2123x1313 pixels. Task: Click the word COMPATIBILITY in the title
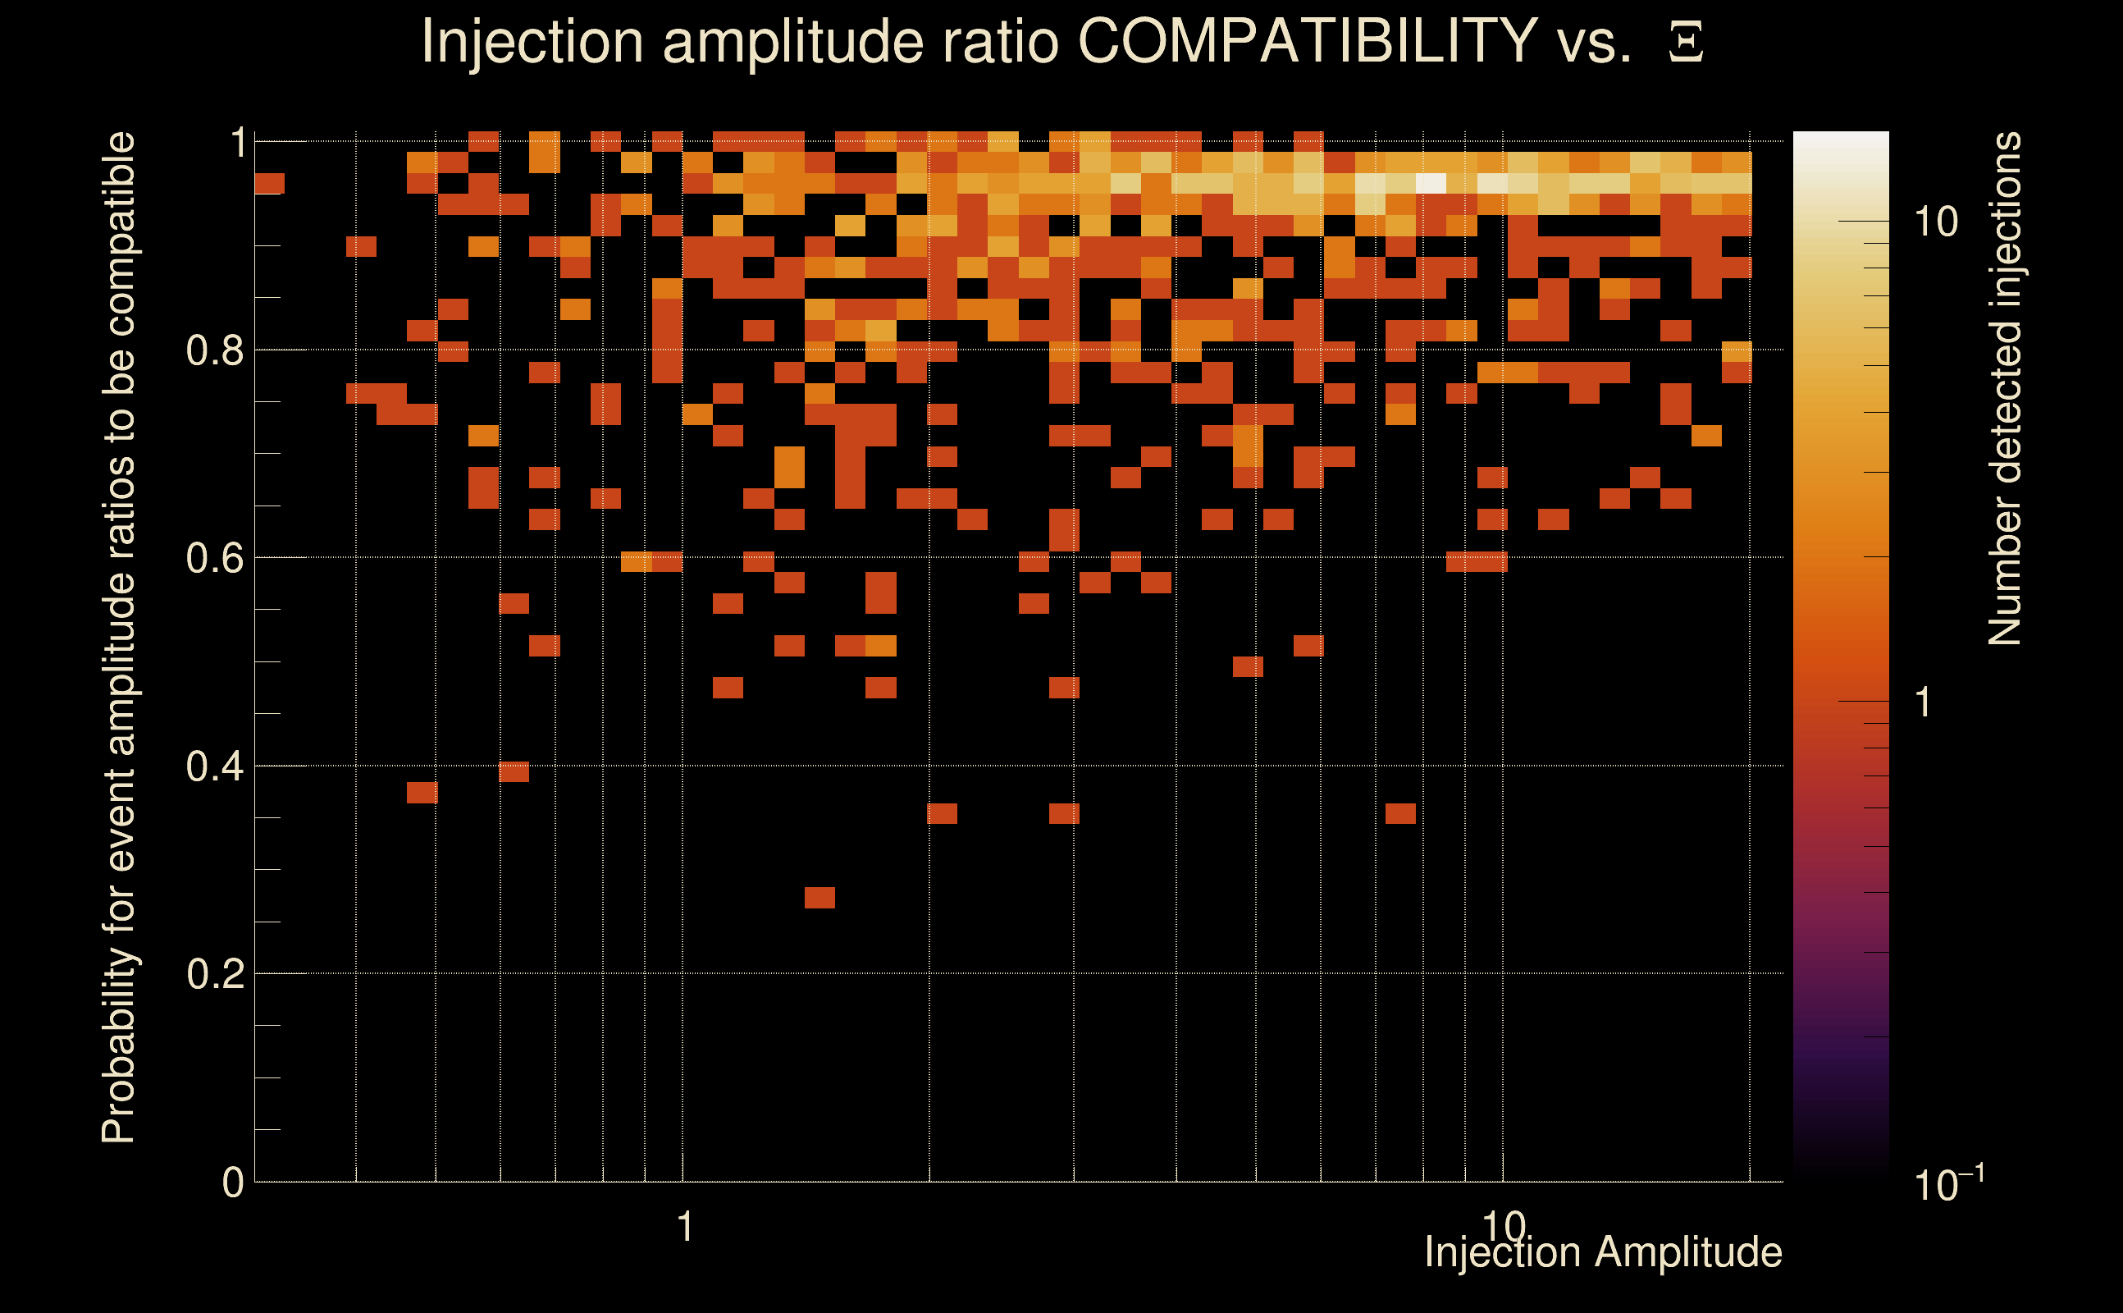(x=1307, y=42)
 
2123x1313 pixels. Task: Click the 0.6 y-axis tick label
(x=214, y=557)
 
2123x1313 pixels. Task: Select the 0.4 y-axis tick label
(x=214, y=766)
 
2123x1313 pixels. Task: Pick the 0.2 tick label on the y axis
(x=214, y=973)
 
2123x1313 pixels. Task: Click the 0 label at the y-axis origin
(x=233, y=1182)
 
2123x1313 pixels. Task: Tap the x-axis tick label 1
(x=686, y=1227)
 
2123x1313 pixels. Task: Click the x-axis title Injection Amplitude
(x=1603, y=1252)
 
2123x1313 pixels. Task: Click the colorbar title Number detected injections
(x=2004, y=388)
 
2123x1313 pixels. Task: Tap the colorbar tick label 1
(x=1924, y=702)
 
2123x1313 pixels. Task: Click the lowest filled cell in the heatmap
(x=820, y=897)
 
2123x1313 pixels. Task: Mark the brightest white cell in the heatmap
(x=1431, y=183)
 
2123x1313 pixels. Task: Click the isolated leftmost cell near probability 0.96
(x=269, y=183)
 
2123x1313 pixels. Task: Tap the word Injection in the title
(x=532, y=42)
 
